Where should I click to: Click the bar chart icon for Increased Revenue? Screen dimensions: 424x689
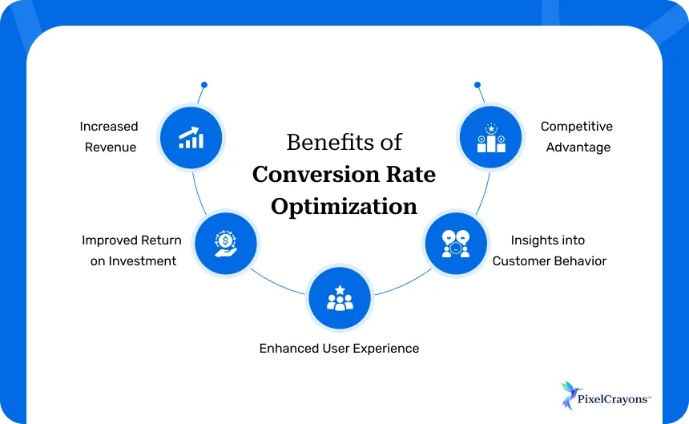191,138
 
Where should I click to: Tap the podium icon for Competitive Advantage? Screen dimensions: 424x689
491,138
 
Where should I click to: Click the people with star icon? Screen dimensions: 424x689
340,298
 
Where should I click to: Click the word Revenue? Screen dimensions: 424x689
111,147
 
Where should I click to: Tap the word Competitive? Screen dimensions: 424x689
576,127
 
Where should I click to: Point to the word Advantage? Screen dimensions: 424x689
578,147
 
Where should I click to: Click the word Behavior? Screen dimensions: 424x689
579,261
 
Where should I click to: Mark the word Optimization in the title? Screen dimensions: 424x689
344,206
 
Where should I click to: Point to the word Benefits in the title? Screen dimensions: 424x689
324,143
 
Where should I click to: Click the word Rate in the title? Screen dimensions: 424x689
413,174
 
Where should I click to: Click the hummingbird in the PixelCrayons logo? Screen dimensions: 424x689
570,396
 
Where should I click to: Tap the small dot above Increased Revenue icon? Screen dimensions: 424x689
204,84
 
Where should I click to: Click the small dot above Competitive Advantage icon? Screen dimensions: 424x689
477,84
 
